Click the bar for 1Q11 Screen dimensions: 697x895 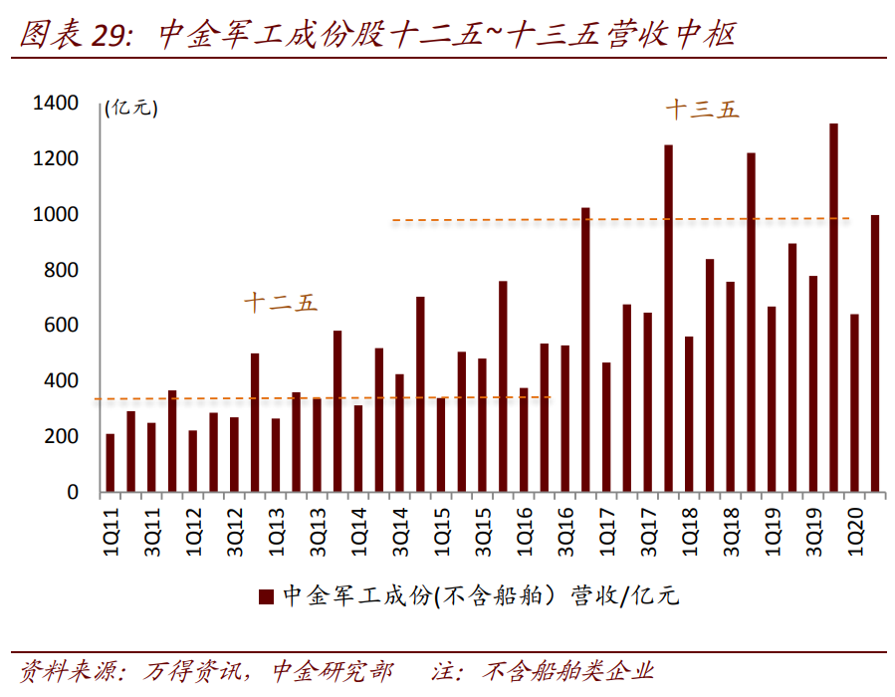click(111, 463)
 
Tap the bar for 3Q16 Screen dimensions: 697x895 click(564, 419)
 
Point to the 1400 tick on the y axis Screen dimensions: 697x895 click(55, 104)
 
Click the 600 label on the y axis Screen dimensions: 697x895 click(60, 327)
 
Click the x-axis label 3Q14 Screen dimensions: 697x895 click(400, 529)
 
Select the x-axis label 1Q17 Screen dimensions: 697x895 click(606, 529)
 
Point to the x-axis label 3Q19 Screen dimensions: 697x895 click(813, 529)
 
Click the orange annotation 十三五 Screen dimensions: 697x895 click(703, 111)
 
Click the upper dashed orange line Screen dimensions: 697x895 click(617, 219)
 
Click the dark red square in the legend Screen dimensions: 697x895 click(266, 596)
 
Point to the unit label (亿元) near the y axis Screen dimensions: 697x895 click(130, 109)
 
